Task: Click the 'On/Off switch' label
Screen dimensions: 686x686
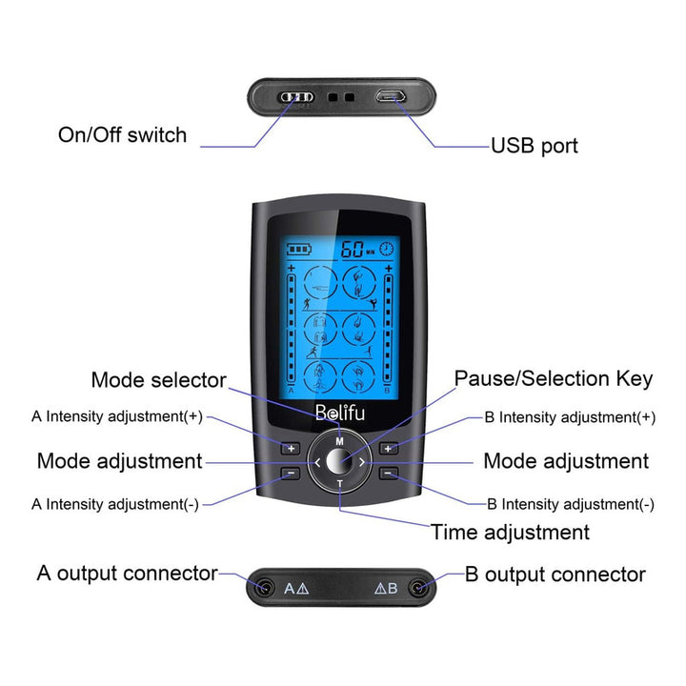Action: (122, 134)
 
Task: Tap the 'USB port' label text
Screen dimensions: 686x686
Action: (534, 146)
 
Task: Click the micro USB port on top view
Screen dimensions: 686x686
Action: (390, 96)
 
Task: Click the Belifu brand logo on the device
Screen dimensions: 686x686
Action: (339, 414)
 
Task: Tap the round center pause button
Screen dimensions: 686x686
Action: (339, 461)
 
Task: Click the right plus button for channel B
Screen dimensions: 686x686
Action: (388, 448)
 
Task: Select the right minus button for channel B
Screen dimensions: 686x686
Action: (388, 473)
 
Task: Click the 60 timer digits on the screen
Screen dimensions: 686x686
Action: (352, 248)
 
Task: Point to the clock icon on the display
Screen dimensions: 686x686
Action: (386, 248)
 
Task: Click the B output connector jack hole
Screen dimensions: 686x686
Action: (415, 588)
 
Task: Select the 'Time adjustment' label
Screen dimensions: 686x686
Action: (510, 532)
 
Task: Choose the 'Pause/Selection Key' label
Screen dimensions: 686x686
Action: (553, 378)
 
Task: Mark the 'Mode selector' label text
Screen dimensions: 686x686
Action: (158, 380)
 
